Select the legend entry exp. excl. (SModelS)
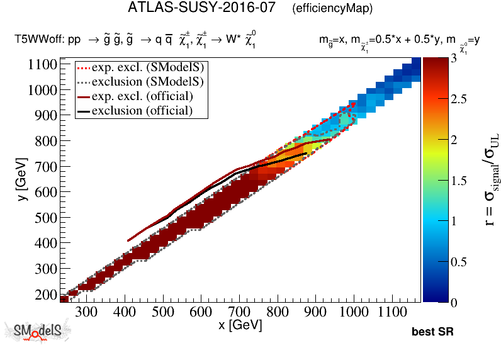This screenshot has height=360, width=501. click(x=150, y=67)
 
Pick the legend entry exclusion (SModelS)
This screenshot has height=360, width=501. click(x=150, y=81)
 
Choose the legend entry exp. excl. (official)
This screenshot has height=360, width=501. click(x=142, y=96)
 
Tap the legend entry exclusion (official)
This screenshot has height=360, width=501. click(x=142, y=111)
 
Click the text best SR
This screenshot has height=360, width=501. click(x=432, y=332)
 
